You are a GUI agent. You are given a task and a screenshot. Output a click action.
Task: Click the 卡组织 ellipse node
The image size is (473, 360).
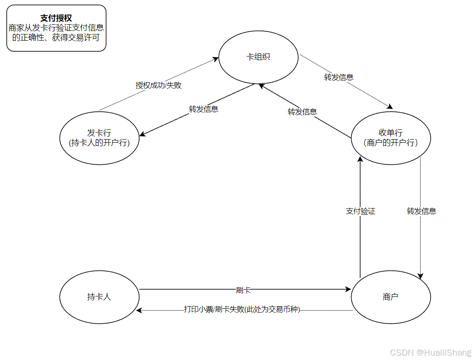click(x=258, y=57)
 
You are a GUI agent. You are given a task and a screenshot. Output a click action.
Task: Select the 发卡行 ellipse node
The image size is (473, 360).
click(x=99, y=138)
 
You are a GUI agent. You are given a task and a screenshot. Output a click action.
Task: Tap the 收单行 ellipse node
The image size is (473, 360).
click(x=390, y=138)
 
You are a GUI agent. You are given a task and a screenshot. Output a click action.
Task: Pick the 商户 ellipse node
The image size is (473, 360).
click(x=390, y=297)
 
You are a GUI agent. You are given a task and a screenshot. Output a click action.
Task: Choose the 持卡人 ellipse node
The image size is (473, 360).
click(x=99, y=297)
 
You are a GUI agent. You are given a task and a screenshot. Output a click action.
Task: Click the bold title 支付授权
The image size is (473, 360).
click(x=56, y=18)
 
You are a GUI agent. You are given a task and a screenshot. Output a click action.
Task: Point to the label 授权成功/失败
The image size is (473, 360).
click(x=159, y=85)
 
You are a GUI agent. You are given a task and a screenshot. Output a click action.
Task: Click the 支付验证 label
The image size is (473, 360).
click(x=360, y=211)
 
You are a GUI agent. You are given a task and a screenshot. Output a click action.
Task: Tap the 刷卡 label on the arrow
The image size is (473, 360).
click(x=243, y=290)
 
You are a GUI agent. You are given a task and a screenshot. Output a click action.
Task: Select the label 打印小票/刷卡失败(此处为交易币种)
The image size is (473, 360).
click(x=242, y=310)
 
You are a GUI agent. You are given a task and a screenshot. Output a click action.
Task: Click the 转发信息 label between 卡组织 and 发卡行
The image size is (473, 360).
click(x=204, y=109)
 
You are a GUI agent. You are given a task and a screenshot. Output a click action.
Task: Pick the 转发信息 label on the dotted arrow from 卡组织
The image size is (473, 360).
click(x=339, y=77)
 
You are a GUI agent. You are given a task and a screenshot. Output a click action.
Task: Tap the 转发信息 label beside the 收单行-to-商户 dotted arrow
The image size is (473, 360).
click(x=421, y=211)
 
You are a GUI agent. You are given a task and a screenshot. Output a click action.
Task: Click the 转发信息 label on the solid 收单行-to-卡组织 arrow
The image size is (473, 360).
click(x=302, y=112)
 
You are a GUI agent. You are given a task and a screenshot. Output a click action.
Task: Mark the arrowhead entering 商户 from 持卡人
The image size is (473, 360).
click(x=348, y=290)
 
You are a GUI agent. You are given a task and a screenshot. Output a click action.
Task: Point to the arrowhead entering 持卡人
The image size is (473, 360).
click(x=139, y=311)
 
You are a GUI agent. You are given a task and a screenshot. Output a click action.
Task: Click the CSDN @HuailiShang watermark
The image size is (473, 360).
click(x=431, y=352)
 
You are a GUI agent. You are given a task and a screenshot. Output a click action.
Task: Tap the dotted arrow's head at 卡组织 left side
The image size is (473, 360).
click(x=217, y=58)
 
